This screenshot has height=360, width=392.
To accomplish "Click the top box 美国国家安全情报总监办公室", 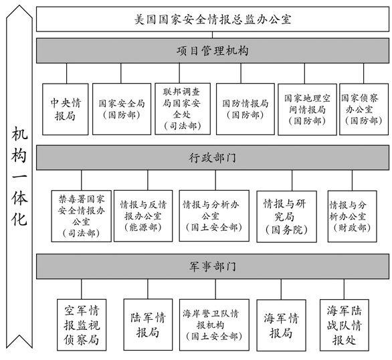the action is pos(213,19).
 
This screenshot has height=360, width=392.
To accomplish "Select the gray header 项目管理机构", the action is pos(213,50).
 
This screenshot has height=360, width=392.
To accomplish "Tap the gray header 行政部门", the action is pos(213,157).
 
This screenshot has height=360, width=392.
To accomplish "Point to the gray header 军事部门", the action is pos(213,266).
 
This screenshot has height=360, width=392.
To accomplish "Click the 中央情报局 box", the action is pos(66,109).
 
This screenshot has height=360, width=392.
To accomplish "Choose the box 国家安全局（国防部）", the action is pos(122,109).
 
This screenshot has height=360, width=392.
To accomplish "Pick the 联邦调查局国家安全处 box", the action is pos(183,109).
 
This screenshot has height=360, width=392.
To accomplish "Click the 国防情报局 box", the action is pos(246,109).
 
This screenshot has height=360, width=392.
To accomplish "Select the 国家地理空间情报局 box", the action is pos(307,110).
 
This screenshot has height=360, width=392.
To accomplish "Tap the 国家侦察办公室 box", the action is pos(364,110).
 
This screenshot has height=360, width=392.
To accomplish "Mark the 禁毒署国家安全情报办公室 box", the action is pos(81,216).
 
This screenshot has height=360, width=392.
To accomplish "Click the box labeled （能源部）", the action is pos(143,216).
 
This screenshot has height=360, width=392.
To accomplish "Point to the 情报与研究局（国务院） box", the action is pos(287,217).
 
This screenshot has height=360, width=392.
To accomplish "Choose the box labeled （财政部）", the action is pos(353,217).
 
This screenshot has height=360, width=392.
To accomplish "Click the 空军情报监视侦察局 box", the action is pos(82,325).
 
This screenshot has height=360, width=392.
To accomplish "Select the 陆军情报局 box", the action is pos(148,325).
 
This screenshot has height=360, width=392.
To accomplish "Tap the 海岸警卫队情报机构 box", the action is pos(214,325).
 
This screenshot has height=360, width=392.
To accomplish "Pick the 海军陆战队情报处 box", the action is pos(345,325).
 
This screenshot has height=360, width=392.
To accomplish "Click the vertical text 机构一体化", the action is pos(19,176).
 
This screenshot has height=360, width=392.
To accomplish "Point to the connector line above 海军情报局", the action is pos(281,289).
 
